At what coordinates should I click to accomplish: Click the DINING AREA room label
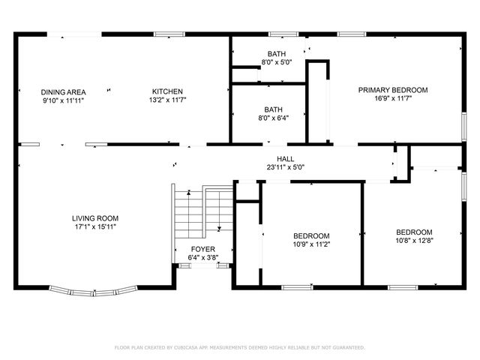pos(63,91)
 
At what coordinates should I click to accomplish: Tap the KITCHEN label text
pos(166,91)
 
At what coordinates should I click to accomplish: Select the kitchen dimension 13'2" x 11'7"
pos(166,100)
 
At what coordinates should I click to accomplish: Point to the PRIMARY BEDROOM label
pos(392,90)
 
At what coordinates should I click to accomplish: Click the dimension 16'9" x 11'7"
pos(392,98)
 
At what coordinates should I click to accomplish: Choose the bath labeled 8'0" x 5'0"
pos(276,64)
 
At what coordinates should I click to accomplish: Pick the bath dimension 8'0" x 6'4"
pos(273,118)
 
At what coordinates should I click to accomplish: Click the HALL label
pos(285,159)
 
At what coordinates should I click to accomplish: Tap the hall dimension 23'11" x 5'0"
pos(285,167)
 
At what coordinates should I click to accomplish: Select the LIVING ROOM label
pos(94,217)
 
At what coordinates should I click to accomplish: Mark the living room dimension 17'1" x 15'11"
pos(94,226)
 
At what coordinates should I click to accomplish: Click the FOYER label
pos(202,249)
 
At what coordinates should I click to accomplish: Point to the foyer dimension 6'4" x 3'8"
pos(202,257)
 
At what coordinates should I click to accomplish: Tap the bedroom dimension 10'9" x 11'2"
pos(310,244)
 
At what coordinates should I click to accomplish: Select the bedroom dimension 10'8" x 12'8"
pos(414,240)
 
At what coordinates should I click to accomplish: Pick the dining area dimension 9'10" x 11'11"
pos(63,100)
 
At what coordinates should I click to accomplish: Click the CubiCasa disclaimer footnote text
pos(239,347)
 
